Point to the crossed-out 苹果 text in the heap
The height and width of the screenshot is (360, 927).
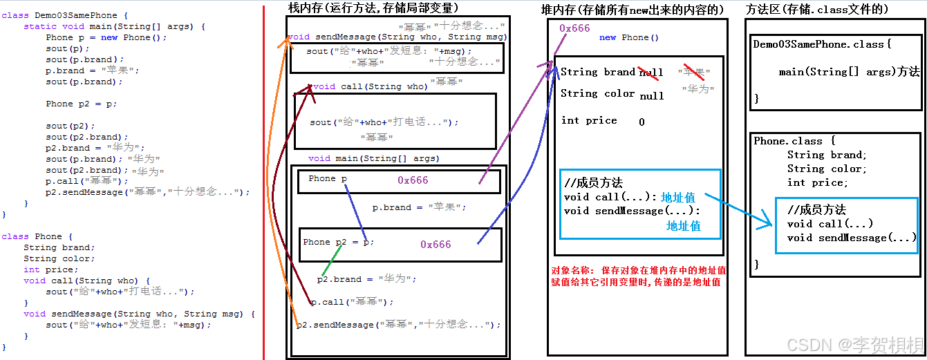point(695,72)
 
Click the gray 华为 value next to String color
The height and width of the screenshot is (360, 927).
point(697,89)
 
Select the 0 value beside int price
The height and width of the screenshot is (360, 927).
point(642,122)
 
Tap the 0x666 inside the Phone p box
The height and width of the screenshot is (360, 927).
point(413,180)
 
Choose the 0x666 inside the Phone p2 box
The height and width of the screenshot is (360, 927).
point(436,245)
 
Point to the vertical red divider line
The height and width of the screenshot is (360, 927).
point(263,180)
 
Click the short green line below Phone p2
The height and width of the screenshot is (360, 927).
point(332,260)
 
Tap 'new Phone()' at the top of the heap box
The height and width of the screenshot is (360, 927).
point(629,37)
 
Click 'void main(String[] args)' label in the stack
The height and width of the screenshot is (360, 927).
point(374,158)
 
